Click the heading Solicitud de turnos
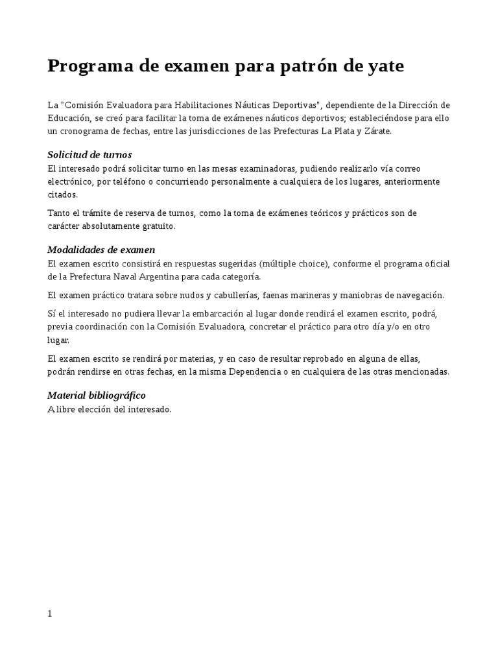[x=89, y=154]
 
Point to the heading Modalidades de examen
[x=101, y=250]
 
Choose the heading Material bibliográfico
[x=97, y=395]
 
